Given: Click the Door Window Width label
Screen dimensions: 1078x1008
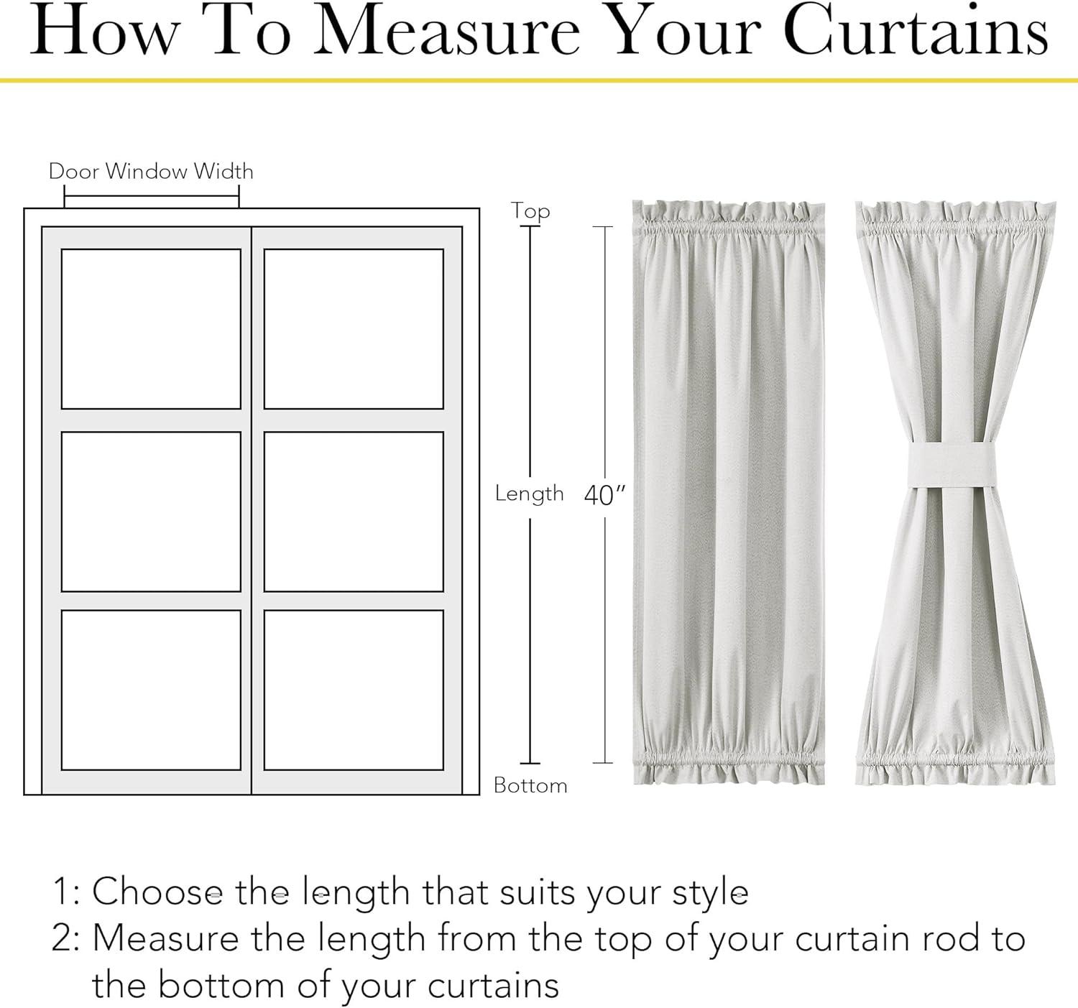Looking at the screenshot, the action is tap(151, 172).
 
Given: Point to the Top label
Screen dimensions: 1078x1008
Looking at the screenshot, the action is tap(530, 211).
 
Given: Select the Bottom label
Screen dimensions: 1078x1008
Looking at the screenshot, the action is tap(530, 785).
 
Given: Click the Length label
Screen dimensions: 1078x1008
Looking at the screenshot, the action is tap(529, 494).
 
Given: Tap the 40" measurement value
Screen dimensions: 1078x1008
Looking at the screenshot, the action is tap(604, 495).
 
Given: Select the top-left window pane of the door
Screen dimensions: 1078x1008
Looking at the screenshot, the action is tap(151, 329).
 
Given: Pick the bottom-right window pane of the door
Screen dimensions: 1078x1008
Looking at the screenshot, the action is tap(354, 690).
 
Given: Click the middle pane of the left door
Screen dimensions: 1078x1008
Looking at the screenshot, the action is tap(151, 512).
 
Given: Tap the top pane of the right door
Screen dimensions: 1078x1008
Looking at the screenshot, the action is tap(354, 329).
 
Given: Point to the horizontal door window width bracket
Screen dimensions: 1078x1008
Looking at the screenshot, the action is tap(152, 196).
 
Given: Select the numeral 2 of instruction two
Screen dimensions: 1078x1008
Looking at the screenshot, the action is tap(63, 938).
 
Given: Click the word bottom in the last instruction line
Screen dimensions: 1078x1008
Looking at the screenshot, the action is tap(223, 985).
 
